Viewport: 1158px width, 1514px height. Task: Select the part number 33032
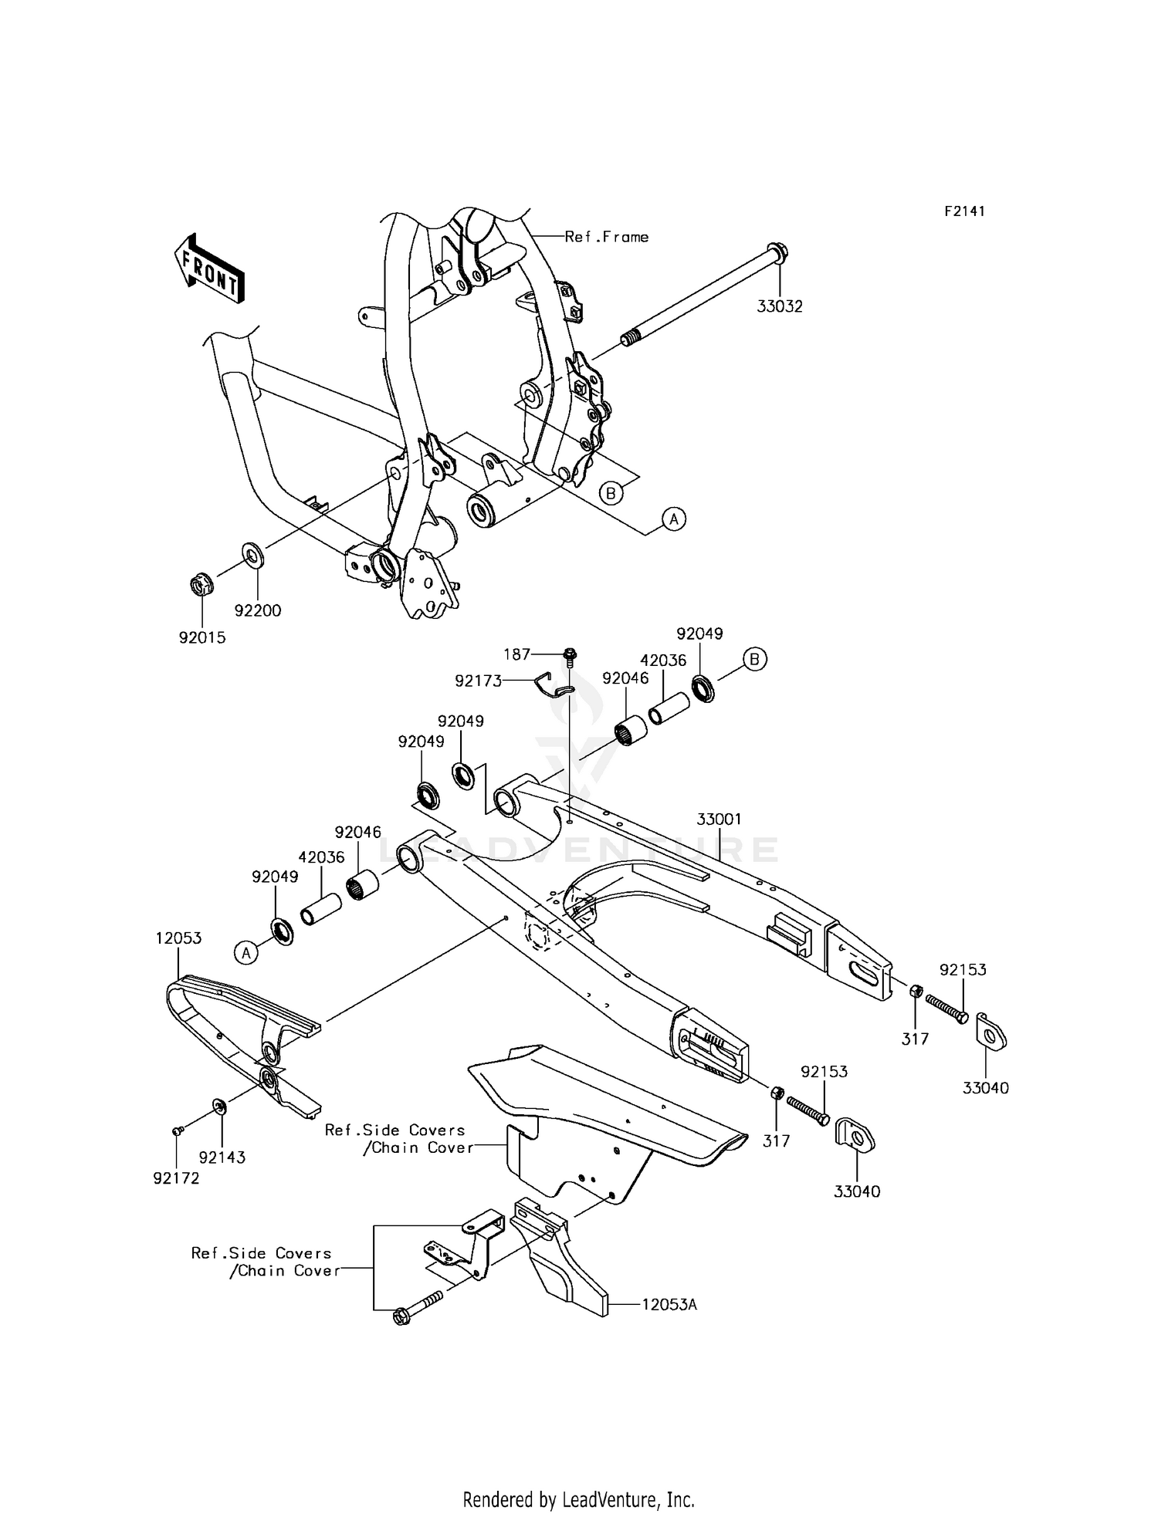(779, 306)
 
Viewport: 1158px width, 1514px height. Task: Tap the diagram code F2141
(964, 211)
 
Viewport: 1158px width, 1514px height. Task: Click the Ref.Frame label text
(606, 237)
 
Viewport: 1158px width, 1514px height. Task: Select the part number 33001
(720, 819)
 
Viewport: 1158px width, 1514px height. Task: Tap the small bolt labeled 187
(569, 656)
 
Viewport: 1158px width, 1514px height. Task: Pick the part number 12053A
(669, 1305)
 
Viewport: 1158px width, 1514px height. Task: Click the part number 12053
(178, 938)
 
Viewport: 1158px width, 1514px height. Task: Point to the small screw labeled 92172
(177, 1130)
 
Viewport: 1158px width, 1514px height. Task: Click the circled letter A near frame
(674, 519)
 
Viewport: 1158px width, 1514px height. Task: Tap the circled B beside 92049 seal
(755, 659)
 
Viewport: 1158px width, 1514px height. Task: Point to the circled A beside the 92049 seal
(245, 953)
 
